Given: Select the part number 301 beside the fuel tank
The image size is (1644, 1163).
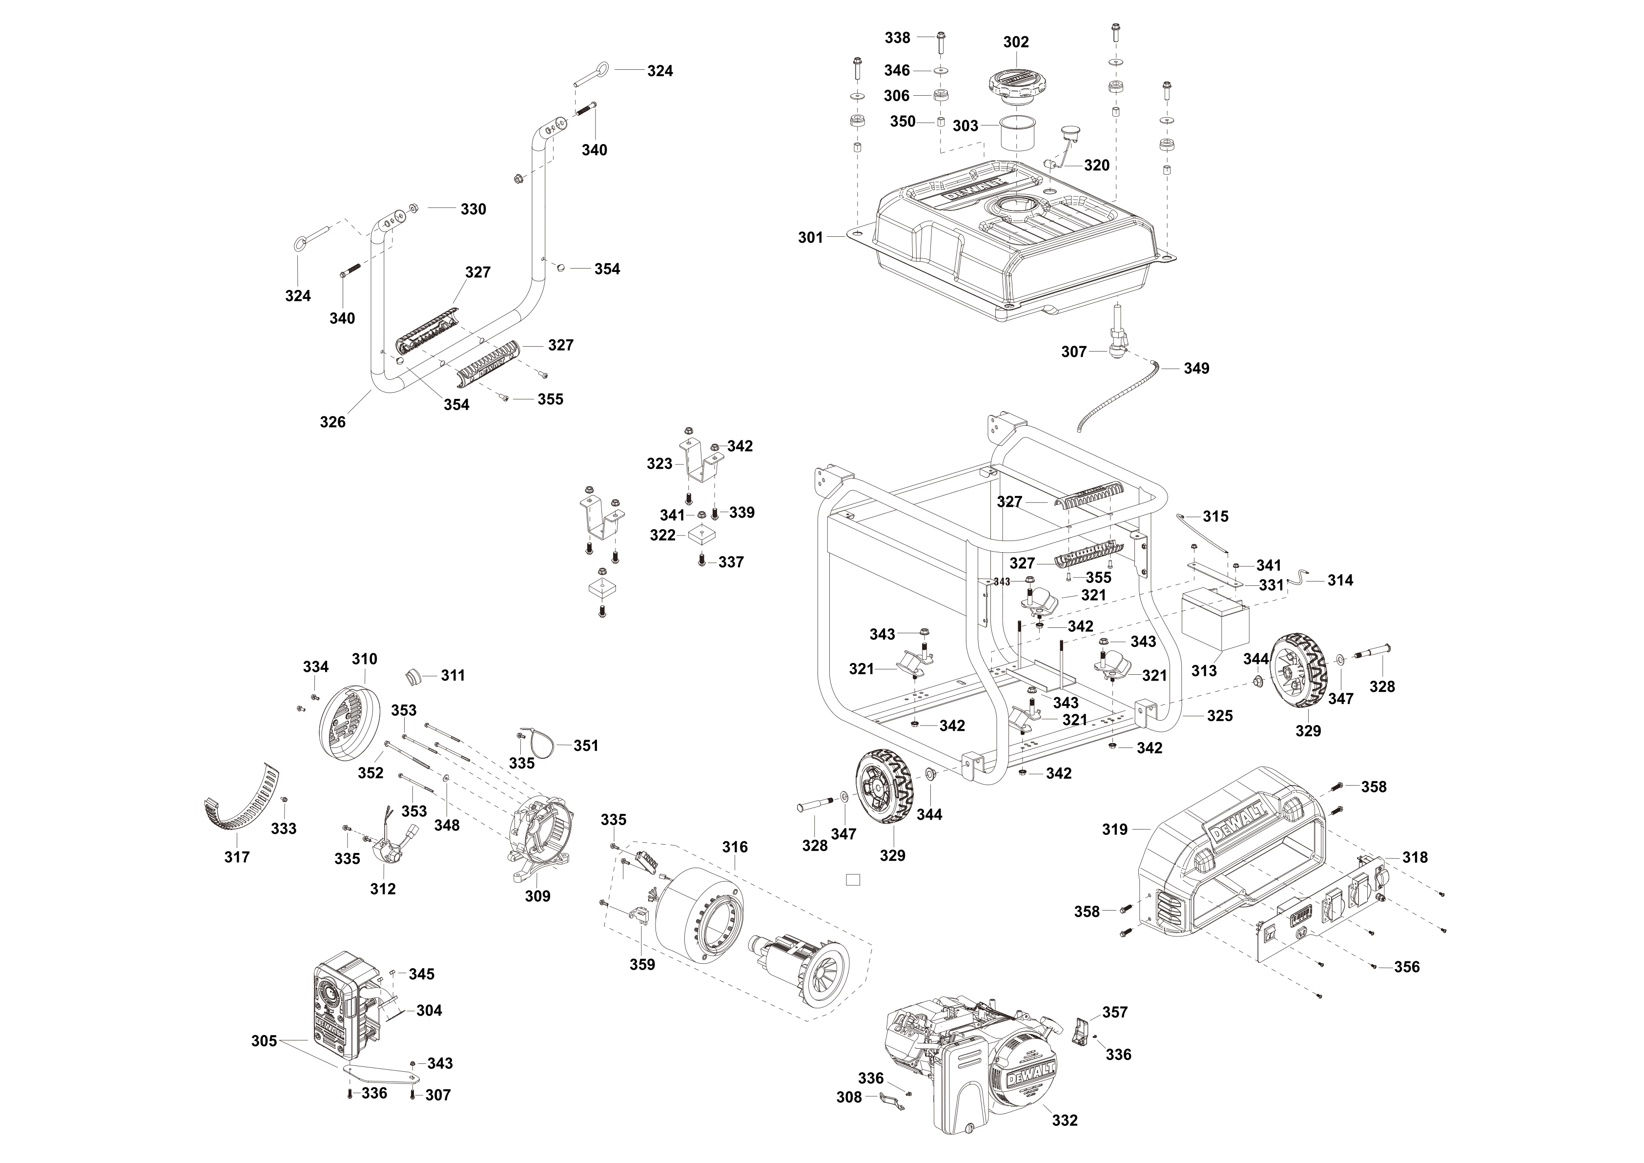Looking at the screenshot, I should (811, 237).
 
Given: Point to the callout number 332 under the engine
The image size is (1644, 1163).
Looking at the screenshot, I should (1065, 1120).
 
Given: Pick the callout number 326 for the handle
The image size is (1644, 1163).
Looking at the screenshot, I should (332, 422).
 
